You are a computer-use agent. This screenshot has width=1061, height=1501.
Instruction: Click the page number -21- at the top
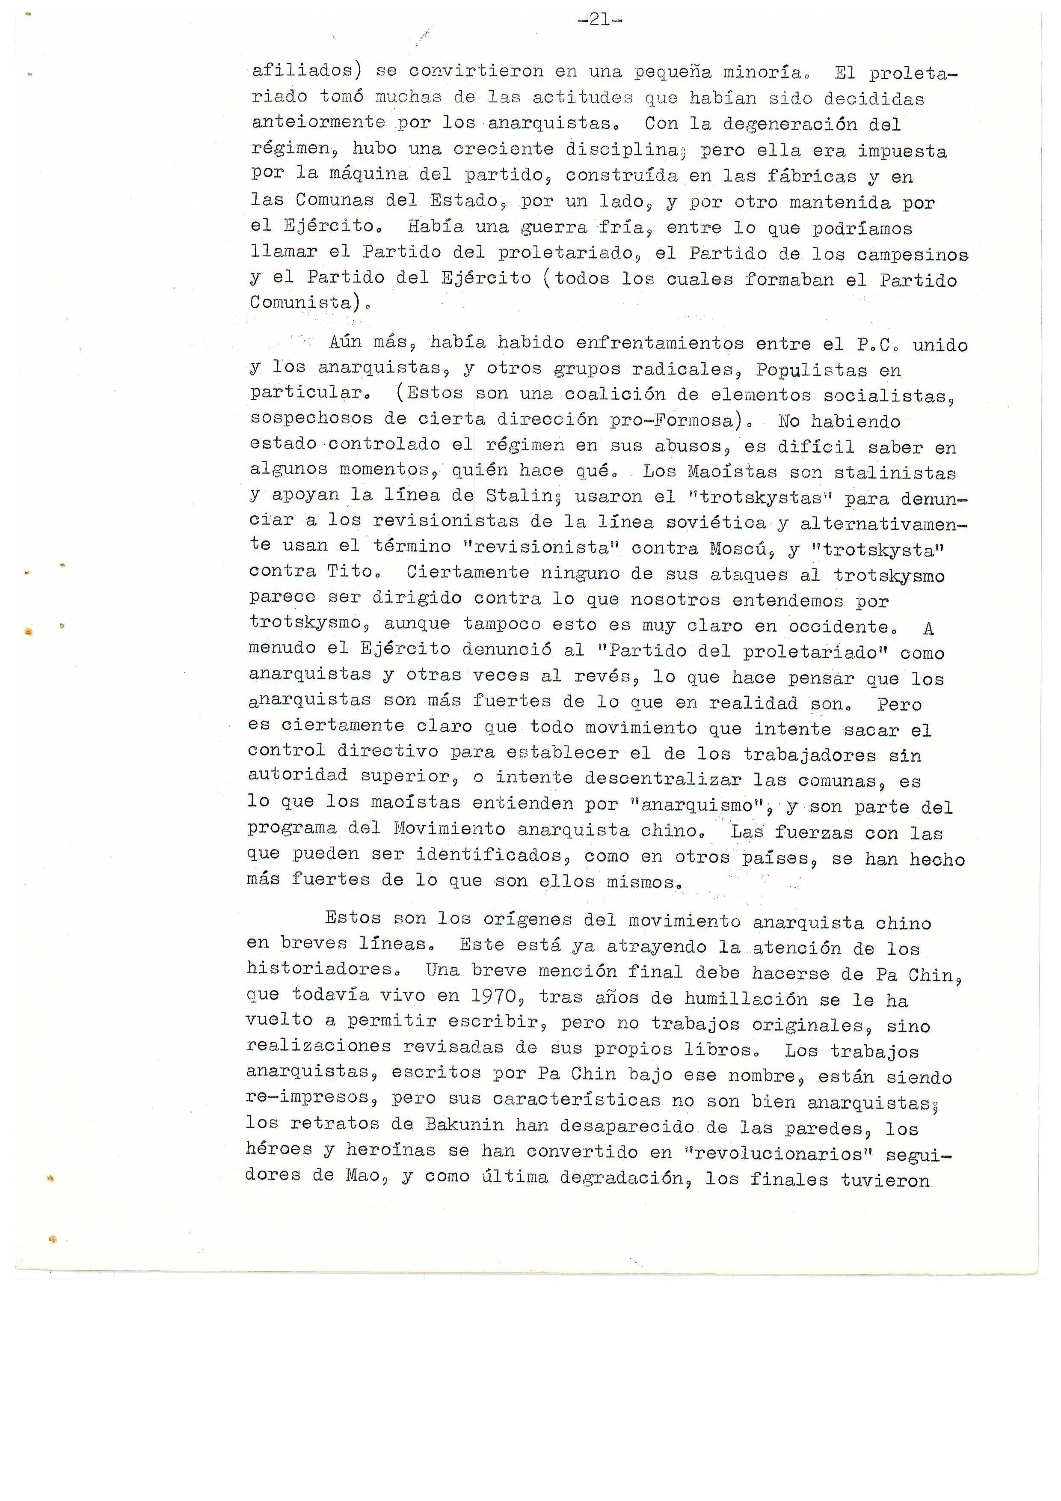pos(599,20)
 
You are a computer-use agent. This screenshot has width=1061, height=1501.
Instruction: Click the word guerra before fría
pos(553,228)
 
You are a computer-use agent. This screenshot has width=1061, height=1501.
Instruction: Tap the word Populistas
pos(812,370)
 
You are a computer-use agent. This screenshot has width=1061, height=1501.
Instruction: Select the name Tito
pos(353,572)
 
